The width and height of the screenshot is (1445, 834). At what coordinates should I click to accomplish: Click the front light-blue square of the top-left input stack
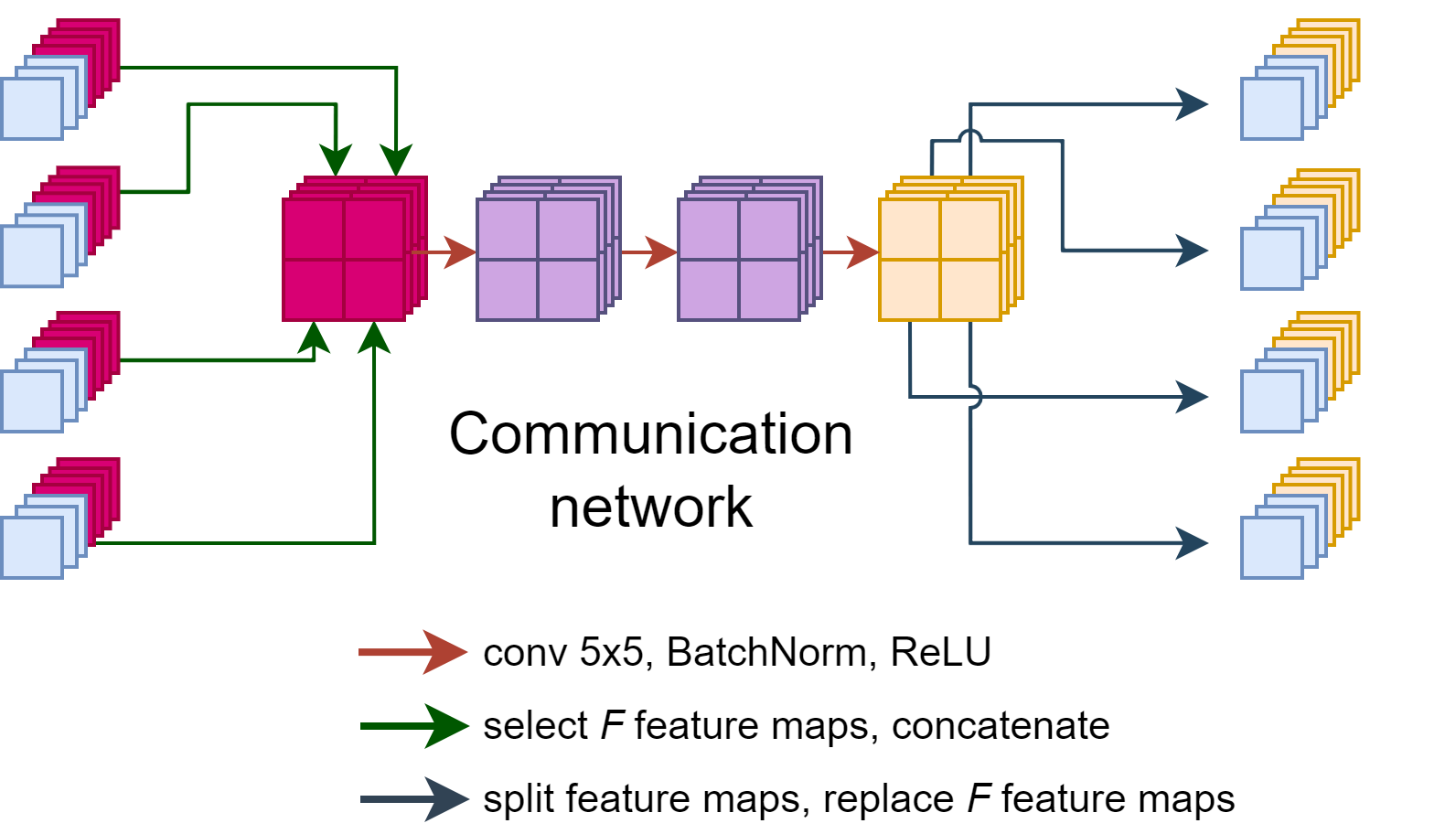pos(32,109)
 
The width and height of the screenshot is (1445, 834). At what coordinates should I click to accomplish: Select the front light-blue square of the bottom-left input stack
pos(32,548)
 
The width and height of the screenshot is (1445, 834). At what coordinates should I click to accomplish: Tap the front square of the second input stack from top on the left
pos(32,257)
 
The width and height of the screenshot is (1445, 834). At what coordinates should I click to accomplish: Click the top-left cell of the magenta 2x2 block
pos(314,230)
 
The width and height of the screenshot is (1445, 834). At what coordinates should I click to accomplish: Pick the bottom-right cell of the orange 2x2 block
pos(970,290)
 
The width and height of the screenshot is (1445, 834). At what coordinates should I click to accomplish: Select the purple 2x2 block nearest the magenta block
pos(538,260)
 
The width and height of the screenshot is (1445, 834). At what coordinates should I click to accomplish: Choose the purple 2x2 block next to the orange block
pos(739,260)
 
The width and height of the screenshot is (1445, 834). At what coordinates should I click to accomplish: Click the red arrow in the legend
pos(413,652)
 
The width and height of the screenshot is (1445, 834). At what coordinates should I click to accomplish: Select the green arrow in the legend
pos(414,726)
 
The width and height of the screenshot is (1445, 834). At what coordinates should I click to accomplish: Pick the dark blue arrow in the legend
pos(414,799)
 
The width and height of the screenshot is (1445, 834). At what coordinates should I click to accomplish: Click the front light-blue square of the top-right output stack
pos(1271,109)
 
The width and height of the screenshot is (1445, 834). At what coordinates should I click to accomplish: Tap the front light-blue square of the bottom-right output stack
pos(1271,548)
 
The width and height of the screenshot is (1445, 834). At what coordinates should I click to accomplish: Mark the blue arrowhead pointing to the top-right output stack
pos(1192,104)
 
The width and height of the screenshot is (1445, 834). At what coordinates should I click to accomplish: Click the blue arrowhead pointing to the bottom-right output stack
pos(1192,543)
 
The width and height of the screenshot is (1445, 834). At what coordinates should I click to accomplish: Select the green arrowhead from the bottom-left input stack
pos(374,337)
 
